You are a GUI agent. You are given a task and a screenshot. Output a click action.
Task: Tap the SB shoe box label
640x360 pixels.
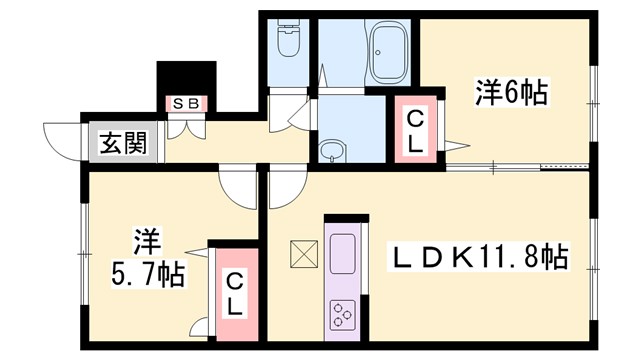(187, 103)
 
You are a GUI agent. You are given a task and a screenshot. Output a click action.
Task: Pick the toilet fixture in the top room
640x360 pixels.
(287, 42)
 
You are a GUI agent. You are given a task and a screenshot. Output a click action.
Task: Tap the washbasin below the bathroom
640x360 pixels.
(330, 152)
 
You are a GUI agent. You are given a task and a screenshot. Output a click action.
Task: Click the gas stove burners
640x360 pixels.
(343, 312)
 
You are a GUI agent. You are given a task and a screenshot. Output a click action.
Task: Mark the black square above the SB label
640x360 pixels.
(187, 78)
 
